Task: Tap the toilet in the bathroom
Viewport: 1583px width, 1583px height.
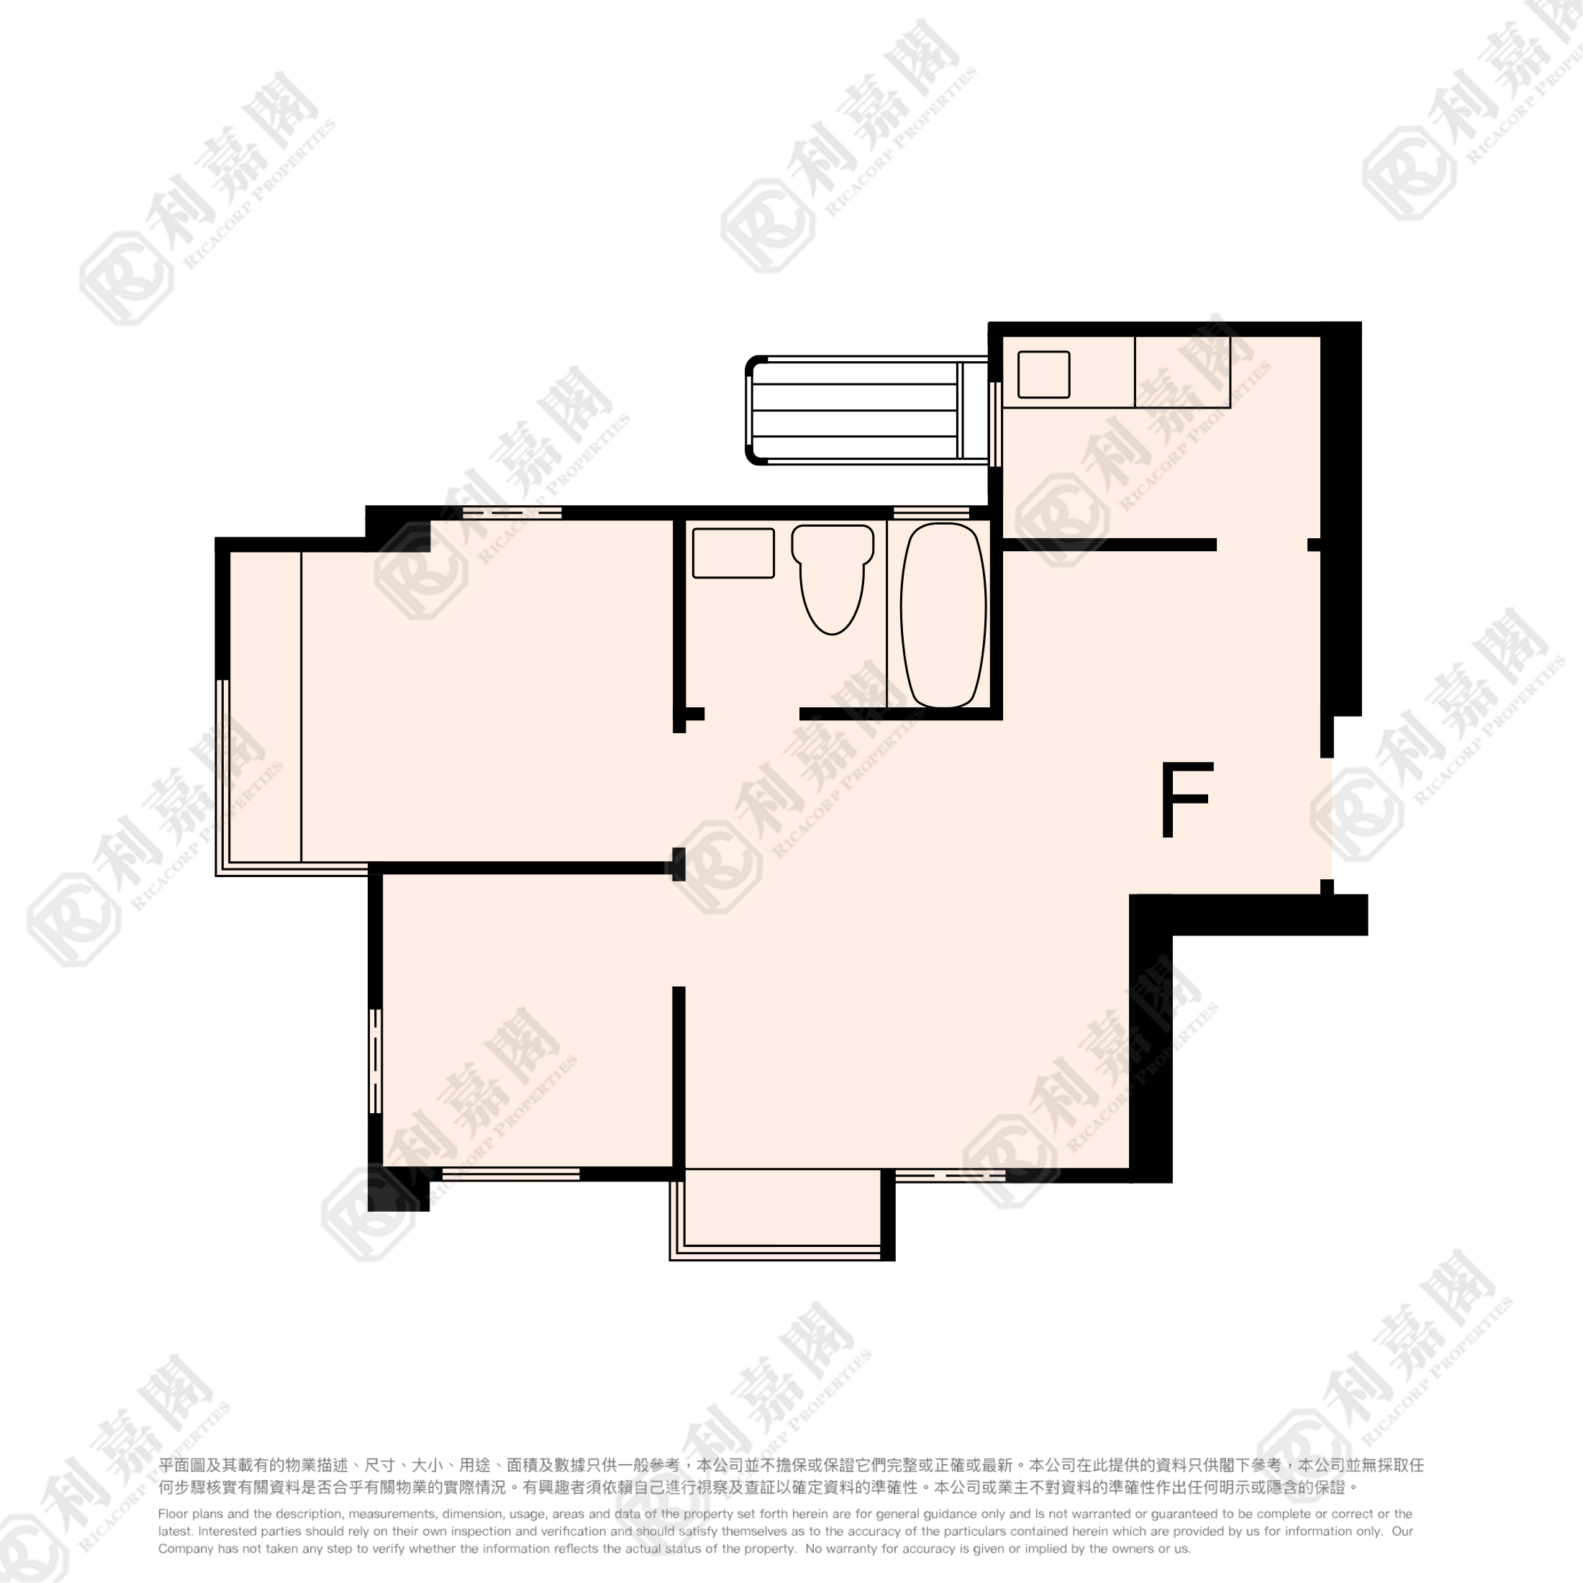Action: point(832,579)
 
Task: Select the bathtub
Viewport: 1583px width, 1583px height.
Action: point(943,615)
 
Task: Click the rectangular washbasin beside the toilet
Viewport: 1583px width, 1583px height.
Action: point(733,553)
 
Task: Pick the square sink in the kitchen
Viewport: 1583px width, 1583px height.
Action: point(1044,374)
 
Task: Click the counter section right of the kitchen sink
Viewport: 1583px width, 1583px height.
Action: point(1182,372)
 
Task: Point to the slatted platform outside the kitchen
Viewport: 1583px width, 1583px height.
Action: point(868,410)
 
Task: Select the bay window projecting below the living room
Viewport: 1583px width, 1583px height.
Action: point(781,1215)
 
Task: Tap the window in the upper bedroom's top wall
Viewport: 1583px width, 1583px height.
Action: point(512,513)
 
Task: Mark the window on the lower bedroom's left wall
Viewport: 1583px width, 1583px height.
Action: point(376,1060)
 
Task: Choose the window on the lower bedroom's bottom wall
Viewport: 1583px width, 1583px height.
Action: point(512,1174)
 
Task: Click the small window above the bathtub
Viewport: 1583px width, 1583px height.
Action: point(931,513)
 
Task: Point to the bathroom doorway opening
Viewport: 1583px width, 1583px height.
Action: point(752,714)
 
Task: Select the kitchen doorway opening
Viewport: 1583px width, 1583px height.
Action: point(1262,545)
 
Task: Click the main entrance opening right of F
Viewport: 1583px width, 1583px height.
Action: point(1327,819)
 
